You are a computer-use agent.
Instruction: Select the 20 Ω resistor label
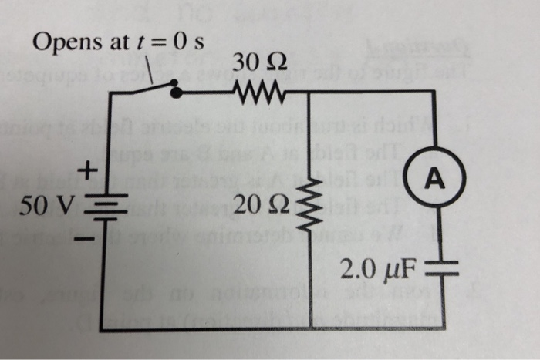point(264,204)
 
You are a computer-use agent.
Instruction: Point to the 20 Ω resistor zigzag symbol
point(310,205)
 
